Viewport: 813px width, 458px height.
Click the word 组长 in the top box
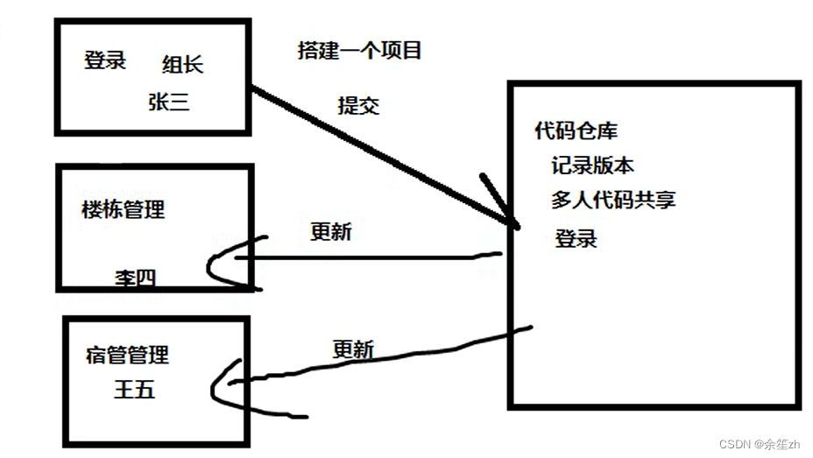pyautogui.click(x=183, y=64)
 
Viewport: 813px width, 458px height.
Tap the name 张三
pyautogui.click(x=169, y=102)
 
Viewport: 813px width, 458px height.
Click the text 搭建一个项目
pyautogui.click(x=360, y=50)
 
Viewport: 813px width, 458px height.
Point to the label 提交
pyautogui.click(x=358, y=105)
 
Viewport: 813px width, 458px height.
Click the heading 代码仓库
pyautogui.click(x=576, y=131)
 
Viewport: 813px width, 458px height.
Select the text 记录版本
pyautogui.click(x=593, y=166)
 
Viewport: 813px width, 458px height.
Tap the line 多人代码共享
pyautogui.click(x=613, y=200)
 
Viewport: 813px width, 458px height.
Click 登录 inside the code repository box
pyautogui.click(x=576, y=237)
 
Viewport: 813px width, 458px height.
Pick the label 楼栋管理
pyautogui.click(x=123, y=209)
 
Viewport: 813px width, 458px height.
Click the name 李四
pyautogui.click(x=135, y=278)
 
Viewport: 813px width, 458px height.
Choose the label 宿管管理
pyautogui.click(x=127, y=355)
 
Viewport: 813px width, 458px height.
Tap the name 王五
pyautogui.click(x=134, y=389)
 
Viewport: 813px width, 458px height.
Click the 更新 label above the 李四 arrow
pyautogui.click(x=331, y=231)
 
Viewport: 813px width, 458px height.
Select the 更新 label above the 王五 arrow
pyautogui.click(x=354, y=349)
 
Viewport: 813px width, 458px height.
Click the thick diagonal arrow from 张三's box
pyautogui.click(x=377, y=152)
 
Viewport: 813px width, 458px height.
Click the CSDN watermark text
pyautogui.click(x=760, y=444)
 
